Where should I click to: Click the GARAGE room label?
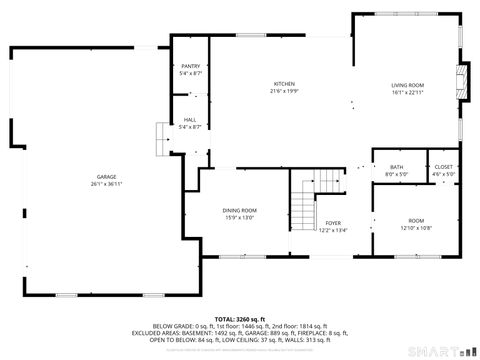click(107, 177)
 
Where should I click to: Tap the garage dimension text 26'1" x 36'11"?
click(107, 184)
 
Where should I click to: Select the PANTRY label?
click(190, 67)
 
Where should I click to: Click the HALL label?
click(190, 120)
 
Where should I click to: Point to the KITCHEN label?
click(285, 84)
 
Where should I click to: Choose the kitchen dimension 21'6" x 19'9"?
click(285, 91)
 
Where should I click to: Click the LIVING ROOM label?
click(407, 85)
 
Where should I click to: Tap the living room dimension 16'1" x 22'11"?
click(407, 92)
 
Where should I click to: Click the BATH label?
click(396, 167)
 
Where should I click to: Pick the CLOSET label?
click(443, 167)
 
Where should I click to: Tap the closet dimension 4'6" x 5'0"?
click(443, 174)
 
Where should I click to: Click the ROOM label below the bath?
click(415, 220)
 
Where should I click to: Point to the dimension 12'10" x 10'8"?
click(415, 227)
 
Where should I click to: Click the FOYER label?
click(333, 223)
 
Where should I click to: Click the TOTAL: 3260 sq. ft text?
click(240, 317)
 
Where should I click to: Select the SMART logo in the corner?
click(440, 350)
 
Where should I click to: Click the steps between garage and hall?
click(160, 135)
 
